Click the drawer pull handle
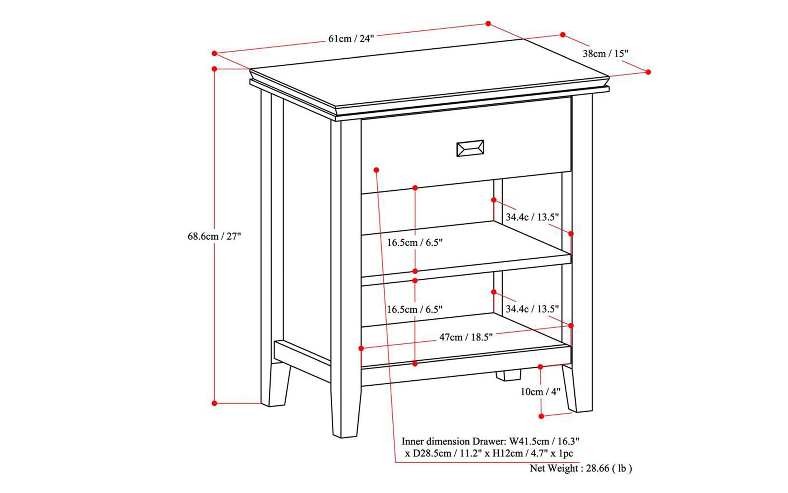(470, 148)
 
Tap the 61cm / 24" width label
(351, 39)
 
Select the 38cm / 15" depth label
(605, 54)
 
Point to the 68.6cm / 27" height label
(214, 237)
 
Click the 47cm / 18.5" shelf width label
(466, 337)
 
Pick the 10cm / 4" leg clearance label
(540, 392)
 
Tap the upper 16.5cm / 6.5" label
(415, 243)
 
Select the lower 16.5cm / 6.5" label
(415, 309)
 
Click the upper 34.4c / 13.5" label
(532, 217)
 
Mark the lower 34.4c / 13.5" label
(532, 309)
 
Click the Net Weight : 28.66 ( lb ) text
(581, 468)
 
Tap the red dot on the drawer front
(376, 170)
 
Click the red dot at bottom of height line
(214, 403)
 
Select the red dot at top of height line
(214, 69)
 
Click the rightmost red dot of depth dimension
(648, 72)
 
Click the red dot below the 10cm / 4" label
(541, 416)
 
